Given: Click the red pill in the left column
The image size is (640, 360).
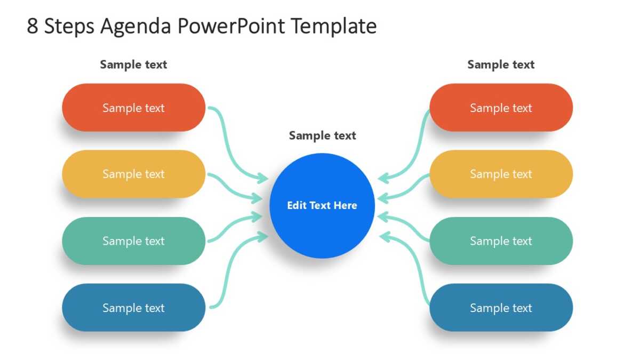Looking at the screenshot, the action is [134, 108].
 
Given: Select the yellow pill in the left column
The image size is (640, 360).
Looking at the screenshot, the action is [134, 174].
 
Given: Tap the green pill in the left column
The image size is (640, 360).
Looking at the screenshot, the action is [134, 241].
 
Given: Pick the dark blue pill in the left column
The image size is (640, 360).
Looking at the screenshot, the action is [134, 308].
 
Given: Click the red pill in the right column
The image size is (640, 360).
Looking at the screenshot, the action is [501, 108].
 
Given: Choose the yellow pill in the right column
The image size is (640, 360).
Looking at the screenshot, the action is [501, 174].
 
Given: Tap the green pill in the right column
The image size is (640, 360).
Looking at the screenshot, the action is [501, 241].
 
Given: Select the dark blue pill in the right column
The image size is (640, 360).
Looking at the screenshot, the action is [501, 308].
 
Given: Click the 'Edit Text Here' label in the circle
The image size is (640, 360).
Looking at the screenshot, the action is [322, 205].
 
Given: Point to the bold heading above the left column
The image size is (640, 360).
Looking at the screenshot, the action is [133, 65].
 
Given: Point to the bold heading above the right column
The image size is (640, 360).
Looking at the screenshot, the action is [501, 65].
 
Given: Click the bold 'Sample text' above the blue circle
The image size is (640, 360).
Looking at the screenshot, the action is [322, 135].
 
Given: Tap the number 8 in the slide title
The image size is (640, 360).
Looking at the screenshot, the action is [33, 26].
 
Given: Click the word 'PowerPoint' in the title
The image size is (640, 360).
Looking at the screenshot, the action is [231, 26].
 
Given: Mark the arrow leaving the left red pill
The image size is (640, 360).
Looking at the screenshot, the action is [229, 149].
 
